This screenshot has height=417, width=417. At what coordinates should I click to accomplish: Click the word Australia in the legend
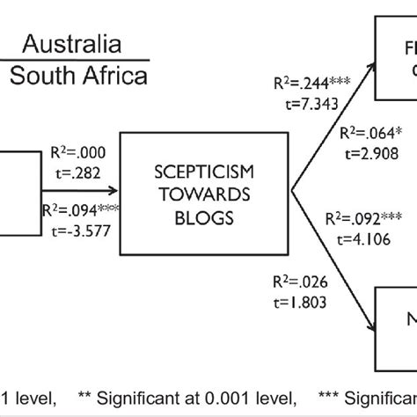[71, 44]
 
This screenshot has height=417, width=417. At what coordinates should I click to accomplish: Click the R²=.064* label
[370, 136]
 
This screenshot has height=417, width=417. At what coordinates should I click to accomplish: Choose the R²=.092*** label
[364, 218]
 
